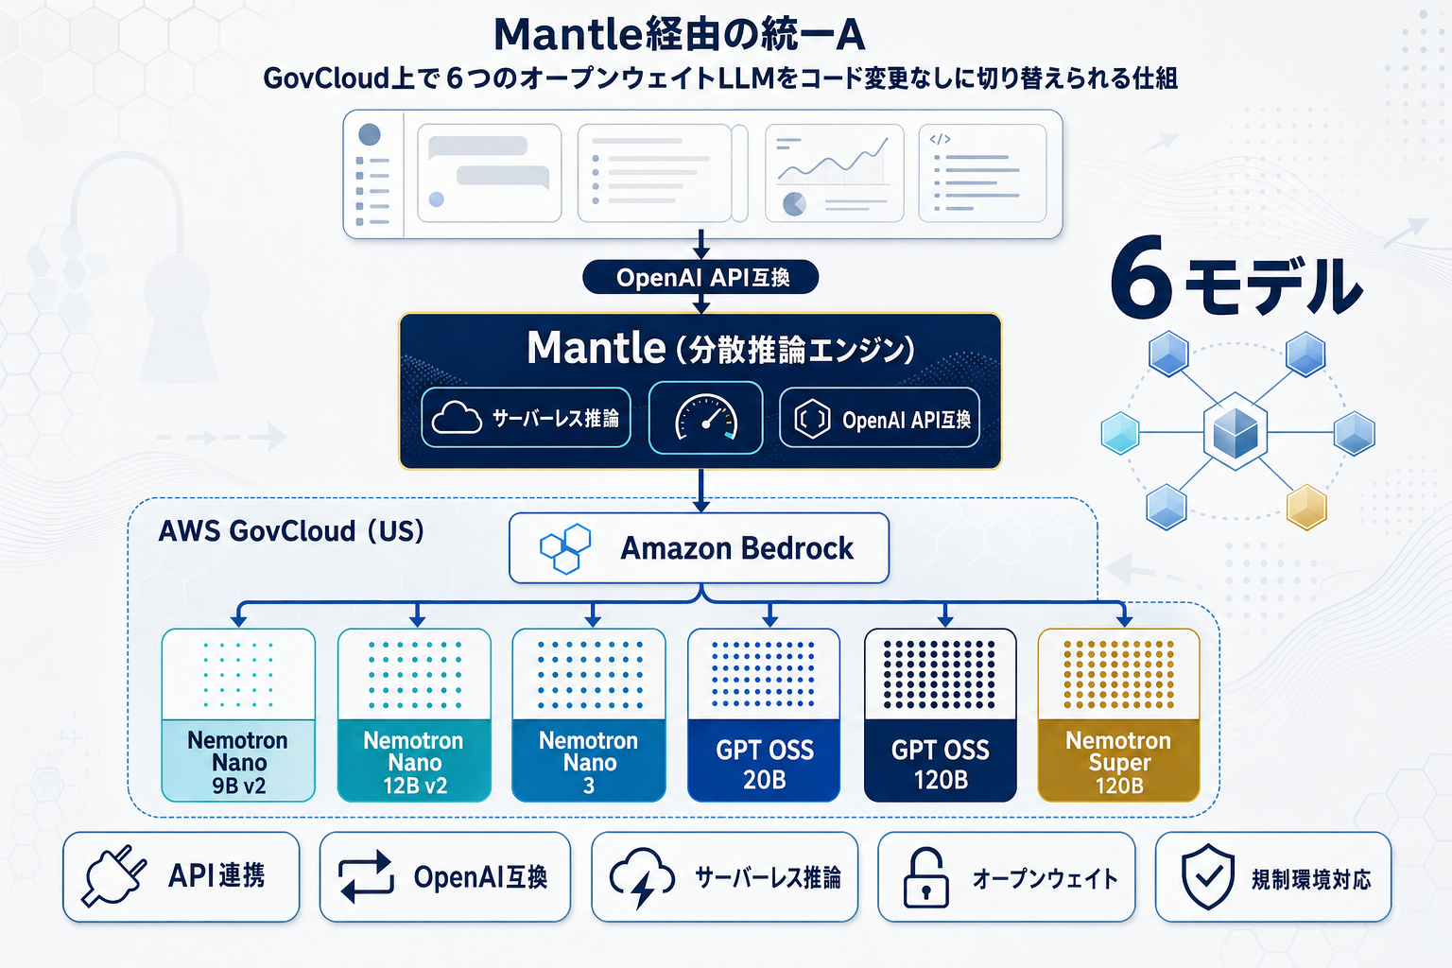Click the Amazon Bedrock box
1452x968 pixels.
(699, 548)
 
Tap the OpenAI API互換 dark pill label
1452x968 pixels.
(700, 277)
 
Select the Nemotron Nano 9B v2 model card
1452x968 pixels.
(238, 716)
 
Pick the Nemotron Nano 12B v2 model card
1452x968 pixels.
(414, 716)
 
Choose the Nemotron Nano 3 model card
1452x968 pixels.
(589, 716)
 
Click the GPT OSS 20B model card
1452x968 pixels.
(764, 716)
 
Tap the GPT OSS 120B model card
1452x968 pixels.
(941, 716)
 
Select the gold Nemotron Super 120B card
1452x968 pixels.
(1118, 716)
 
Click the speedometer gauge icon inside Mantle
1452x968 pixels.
(705, 418)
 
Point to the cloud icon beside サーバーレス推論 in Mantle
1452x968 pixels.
(457, 418)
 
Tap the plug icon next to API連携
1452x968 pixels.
(114, 877)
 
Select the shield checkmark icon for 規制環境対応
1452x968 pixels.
(1208, 877)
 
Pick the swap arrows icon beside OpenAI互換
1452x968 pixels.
(366, 877)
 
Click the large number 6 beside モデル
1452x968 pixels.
(1141, 281)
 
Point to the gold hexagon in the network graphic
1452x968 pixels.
(1306, 507)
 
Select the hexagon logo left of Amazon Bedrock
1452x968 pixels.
(565, 549)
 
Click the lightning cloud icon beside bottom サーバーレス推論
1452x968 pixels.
(642, 877)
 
